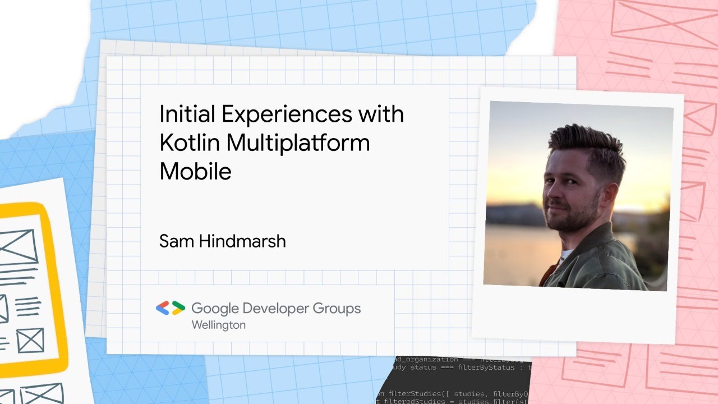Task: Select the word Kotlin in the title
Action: pos(190,143)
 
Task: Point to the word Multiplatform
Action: pos(298,143)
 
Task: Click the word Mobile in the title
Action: pos(195,171)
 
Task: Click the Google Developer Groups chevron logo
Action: pos(171,307)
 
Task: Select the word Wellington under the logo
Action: pos(218,325)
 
